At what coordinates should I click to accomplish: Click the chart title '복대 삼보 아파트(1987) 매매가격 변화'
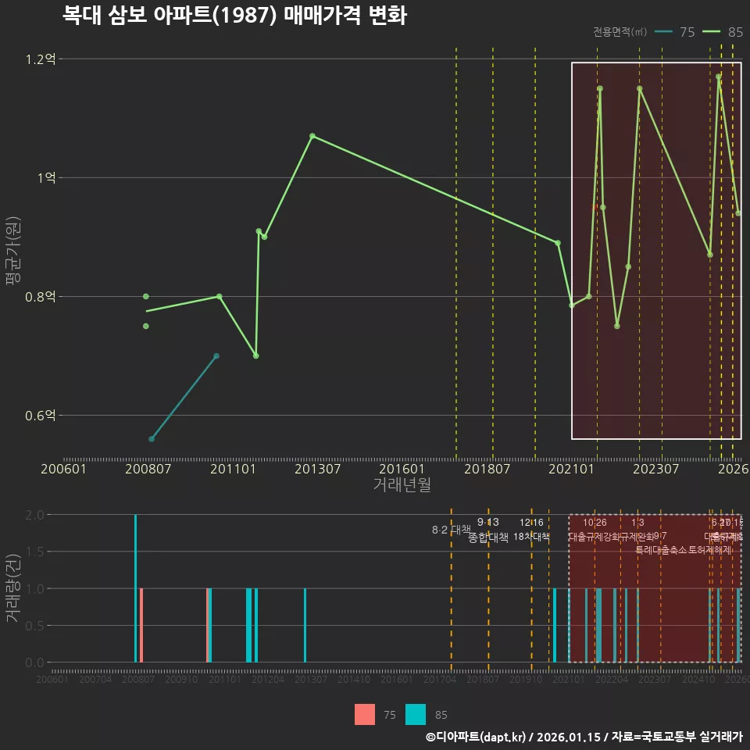(x=234, y=16)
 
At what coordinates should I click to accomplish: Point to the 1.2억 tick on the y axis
(x=40, y=59)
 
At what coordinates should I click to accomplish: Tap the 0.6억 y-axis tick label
(x=40, y=416)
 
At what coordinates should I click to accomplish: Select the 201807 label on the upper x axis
(x=487, y=469)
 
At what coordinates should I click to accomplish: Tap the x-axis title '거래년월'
(x=402, y=485)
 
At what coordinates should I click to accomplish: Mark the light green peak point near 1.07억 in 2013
(x=312, y=136)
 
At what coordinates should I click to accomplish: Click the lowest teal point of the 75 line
(x=152, y=439)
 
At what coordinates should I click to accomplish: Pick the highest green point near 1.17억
(x=718, y=77)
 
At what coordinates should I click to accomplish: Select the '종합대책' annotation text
(x=488, y=537)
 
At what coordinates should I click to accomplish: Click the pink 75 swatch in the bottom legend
(x=365, y=715)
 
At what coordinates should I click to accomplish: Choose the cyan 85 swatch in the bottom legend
(x=416, y=715)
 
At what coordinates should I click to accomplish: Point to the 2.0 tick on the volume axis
(x=34, y=515)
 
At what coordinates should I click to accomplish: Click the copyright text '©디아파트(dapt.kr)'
(x=477, y=737)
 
